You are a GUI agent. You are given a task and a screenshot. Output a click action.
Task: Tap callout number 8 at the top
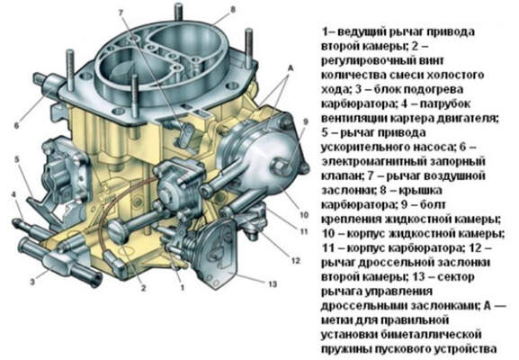click(233, 10)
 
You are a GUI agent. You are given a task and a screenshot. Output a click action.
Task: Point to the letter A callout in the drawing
click(290, 67)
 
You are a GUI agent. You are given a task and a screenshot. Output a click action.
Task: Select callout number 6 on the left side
click(14, 126)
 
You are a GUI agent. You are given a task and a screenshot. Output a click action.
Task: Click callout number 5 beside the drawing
click(16, 159)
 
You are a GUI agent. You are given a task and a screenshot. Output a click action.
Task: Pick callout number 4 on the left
click(13, 193)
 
